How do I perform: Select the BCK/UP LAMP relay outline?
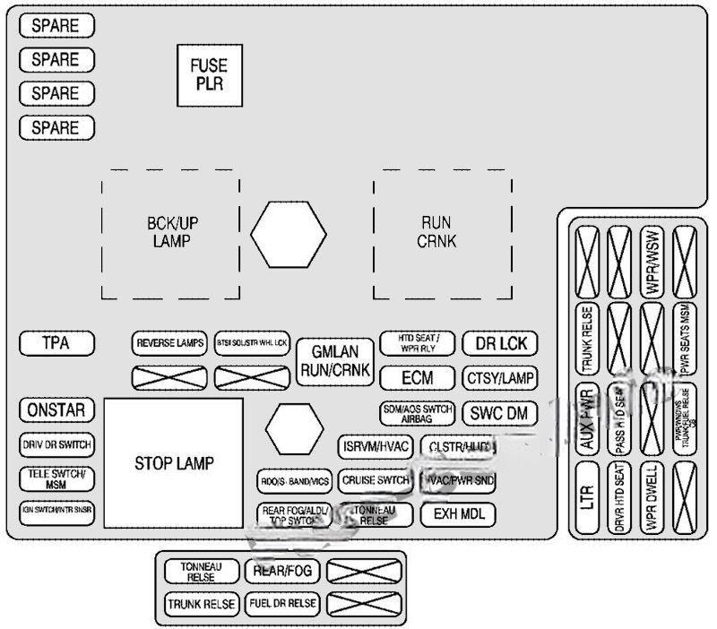tap(170, 232)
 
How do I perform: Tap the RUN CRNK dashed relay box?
tap(436, 232)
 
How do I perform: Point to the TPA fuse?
tap(56, 343)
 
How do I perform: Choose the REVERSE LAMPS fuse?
tap(170, 342)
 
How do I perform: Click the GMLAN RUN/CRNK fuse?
tap(335, 360)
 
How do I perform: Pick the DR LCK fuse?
tap(499, 343)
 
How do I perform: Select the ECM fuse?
tap(417, 378)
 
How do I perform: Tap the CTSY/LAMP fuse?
tap(499, 378)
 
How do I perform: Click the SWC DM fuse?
tap(499, 413)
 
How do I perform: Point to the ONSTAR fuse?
tap(56, 410)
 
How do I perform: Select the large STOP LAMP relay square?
tap(174, 463)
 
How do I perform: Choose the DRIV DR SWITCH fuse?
tap(56, 444)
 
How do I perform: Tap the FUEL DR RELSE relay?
tap(281, 604)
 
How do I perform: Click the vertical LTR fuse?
tap(587, 497)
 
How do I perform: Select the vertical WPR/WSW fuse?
tap(653, 261)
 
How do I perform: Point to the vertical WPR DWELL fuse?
tap(653, 497)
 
